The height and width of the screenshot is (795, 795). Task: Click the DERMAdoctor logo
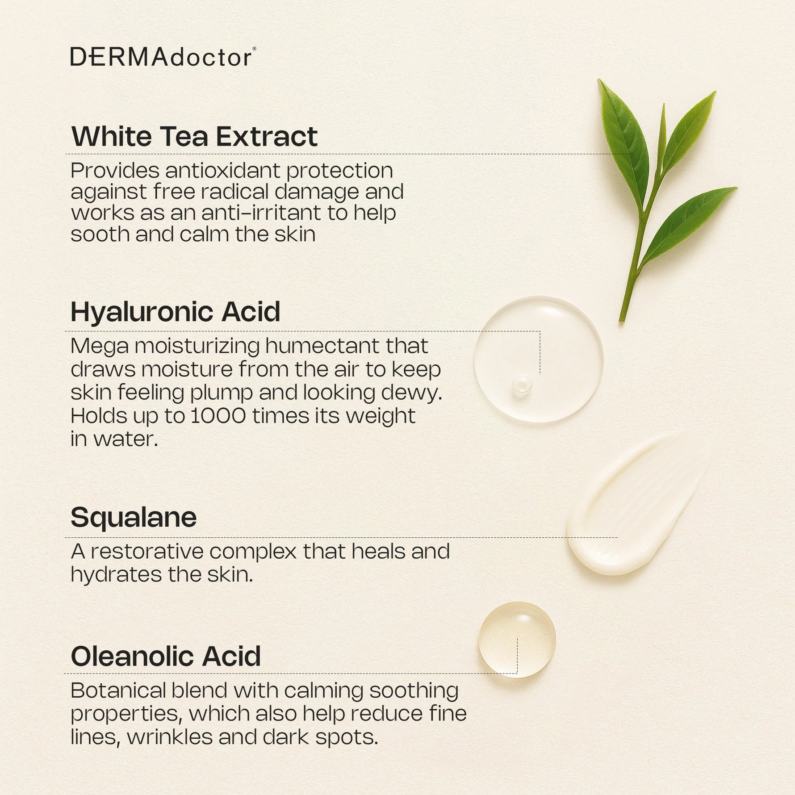(x=163, y=57)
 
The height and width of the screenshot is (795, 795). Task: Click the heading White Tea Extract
(x=194, y=136)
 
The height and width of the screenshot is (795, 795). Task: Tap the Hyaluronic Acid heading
(x=176, y=311)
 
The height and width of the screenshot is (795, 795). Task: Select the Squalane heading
(x=134, y=517)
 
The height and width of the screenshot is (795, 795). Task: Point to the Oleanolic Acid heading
(x=166, y=656)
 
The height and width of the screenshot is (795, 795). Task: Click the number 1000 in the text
(x=218, y=416)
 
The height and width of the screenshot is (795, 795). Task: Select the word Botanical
(x=118, y=690)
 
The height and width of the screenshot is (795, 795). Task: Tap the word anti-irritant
(x=260, y=213)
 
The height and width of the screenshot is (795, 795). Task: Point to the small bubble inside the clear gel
(x=522, y=384)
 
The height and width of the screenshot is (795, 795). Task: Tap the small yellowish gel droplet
(x=517, y=639)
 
